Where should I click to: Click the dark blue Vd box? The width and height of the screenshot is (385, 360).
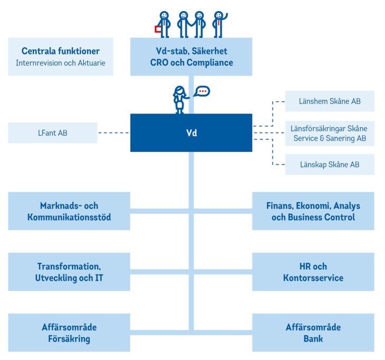[191, 132]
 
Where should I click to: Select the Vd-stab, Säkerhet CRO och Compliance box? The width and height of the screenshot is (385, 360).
[191, 57]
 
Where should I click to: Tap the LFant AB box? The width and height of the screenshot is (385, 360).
[53, 132]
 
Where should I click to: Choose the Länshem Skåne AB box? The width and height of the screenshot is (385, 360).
[330, 101]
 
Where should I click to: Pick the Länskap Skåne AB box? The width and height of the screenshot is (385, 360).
[330, 164]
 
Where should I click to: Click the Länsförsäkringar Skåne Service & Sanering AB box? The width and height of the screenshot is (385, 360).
[330, 134]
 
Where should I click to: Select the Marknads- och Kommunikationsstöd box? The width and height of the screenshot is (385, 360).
[69, 211]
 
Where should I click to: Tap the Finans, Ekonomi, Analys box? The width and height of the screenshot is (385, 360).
[313, 211]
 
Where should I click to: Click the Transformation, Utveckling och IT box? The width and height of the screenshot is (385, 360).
[69, 272]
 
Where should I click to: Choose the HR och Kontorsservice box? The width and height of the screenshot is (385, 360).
[313, 272]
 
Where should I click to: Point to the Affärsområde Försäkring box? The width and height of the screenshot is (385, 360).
[69, 333]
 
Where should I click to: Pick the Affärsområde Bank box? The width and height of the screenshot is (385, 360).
[313, 333]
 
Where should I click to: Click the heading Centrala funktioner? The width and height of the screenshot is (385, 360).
[61, 51]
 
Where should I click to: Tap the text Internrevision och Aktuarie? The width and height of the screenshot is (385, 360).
[61, 63]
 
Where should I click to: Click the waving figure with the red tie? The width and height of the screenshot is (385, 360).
[218, 24]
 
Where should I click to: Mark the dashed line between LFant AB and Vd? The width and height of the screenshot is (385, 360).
[113, 133]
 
